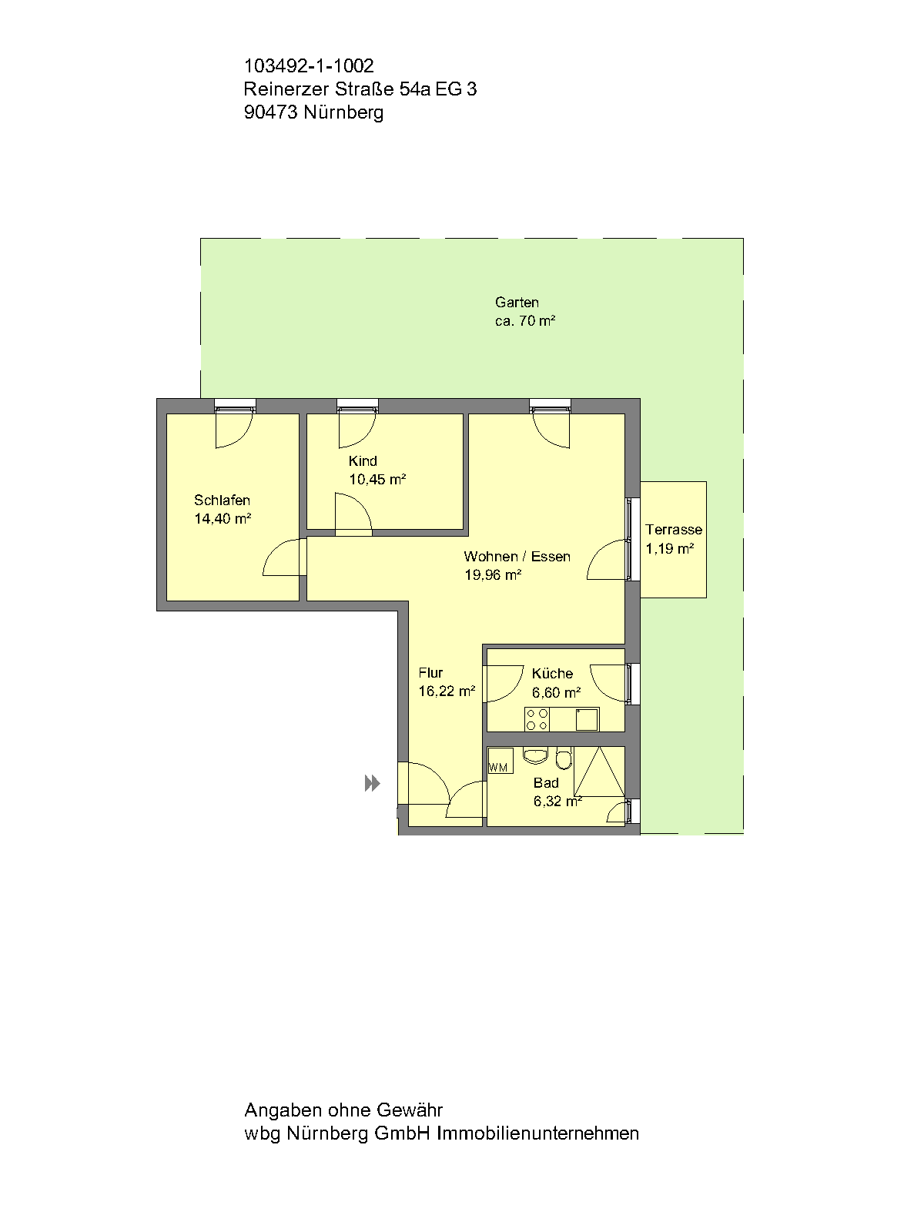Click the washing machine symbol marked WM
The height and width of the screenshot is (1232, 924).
pos(500,762)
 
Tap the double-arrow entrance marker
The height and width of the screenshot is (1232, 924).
pos(373,784)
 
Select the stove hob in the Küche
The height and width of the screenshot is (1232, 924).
pos(537,719)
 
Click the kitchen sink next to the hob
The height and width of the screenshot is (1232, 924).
pos(587,719)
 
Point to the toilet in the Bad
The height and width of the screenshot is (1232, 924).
pos(564,759)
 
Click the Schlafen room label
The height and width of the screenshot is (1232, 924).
pos(222,500)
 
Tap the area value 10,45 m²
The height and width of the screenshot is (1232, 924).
pos(377,480)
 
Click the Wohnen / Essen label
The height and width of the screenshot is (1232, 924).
pos(517,557)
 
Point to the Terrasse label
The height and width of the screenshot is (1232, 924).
pos(674,530)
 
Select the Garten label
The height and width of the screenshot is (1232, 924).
pos(517,303)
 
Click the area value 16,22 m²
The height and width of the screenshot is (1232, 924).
pos(447,691)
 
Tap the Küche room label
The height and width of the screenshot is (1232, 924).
pos(552,674)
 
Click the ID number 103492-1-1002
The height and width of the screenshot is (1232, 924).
pos(309,66)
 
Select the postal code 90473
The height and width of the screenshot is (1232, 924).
pos(270,112)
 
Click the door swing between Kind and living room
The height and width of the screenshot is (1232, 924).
pos(353,514)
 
